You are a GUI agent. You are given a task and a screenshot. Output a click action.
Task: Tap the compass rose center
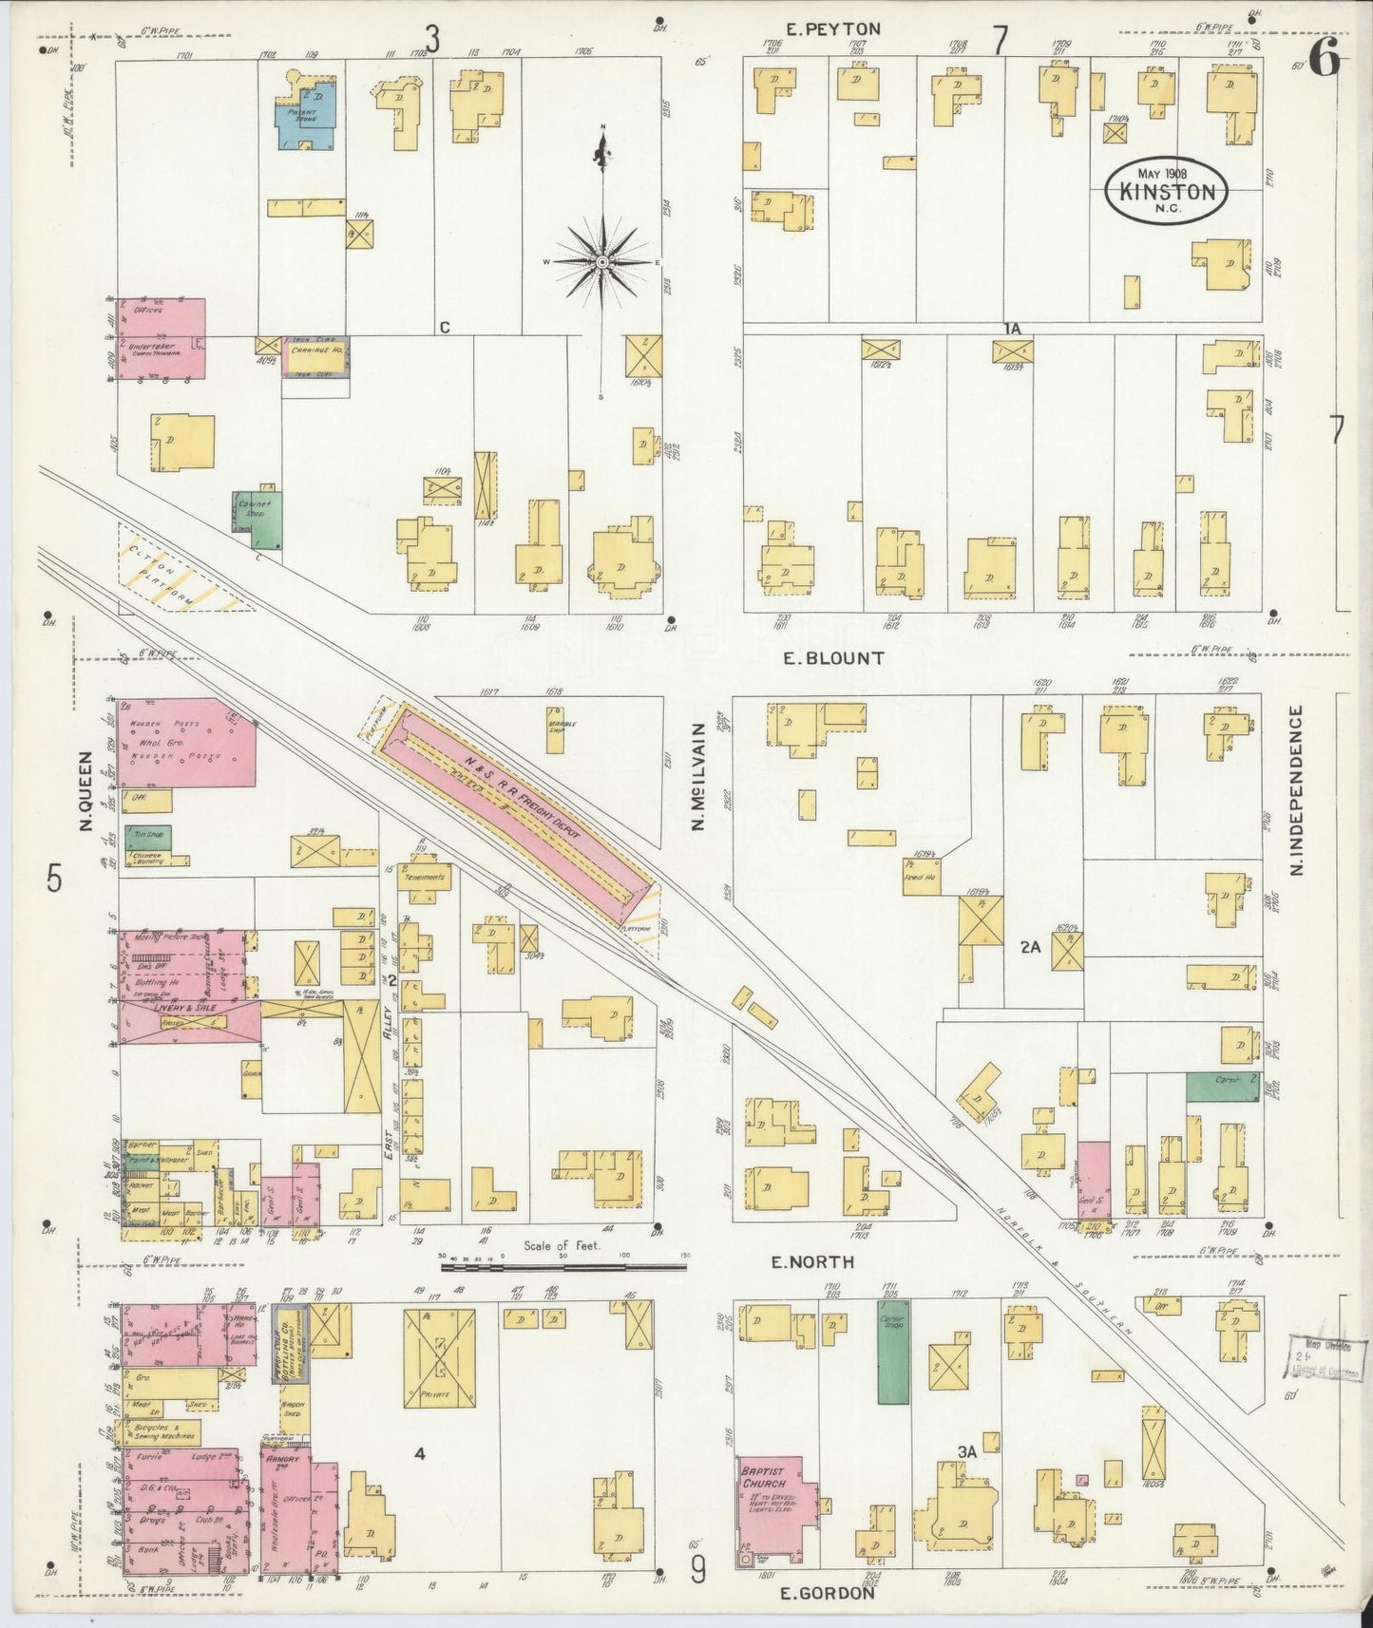(602, 260)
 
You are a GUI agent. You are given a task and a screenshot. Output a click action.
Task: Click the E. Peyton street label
(833, 29)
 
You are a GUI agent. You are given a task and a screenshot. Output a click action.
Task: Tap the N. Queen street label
(85, 790)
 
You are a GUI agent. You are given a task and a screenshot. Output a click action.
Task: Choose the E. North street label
(811, 1262)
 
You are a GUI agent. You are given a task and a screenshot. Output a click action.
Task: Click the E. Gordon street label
(826, 1593)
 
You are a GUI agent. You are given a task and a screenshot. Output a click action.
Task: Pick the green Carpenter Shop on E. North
(891, 1352)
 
